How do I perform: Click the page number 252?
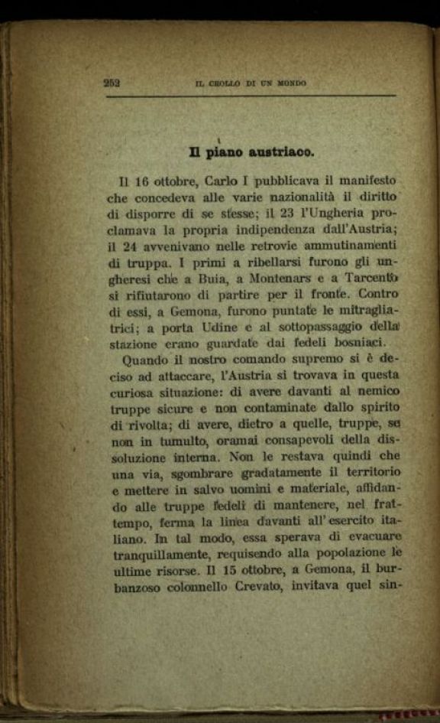112,83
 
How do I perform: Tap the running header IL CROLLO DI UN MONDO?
251,83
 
